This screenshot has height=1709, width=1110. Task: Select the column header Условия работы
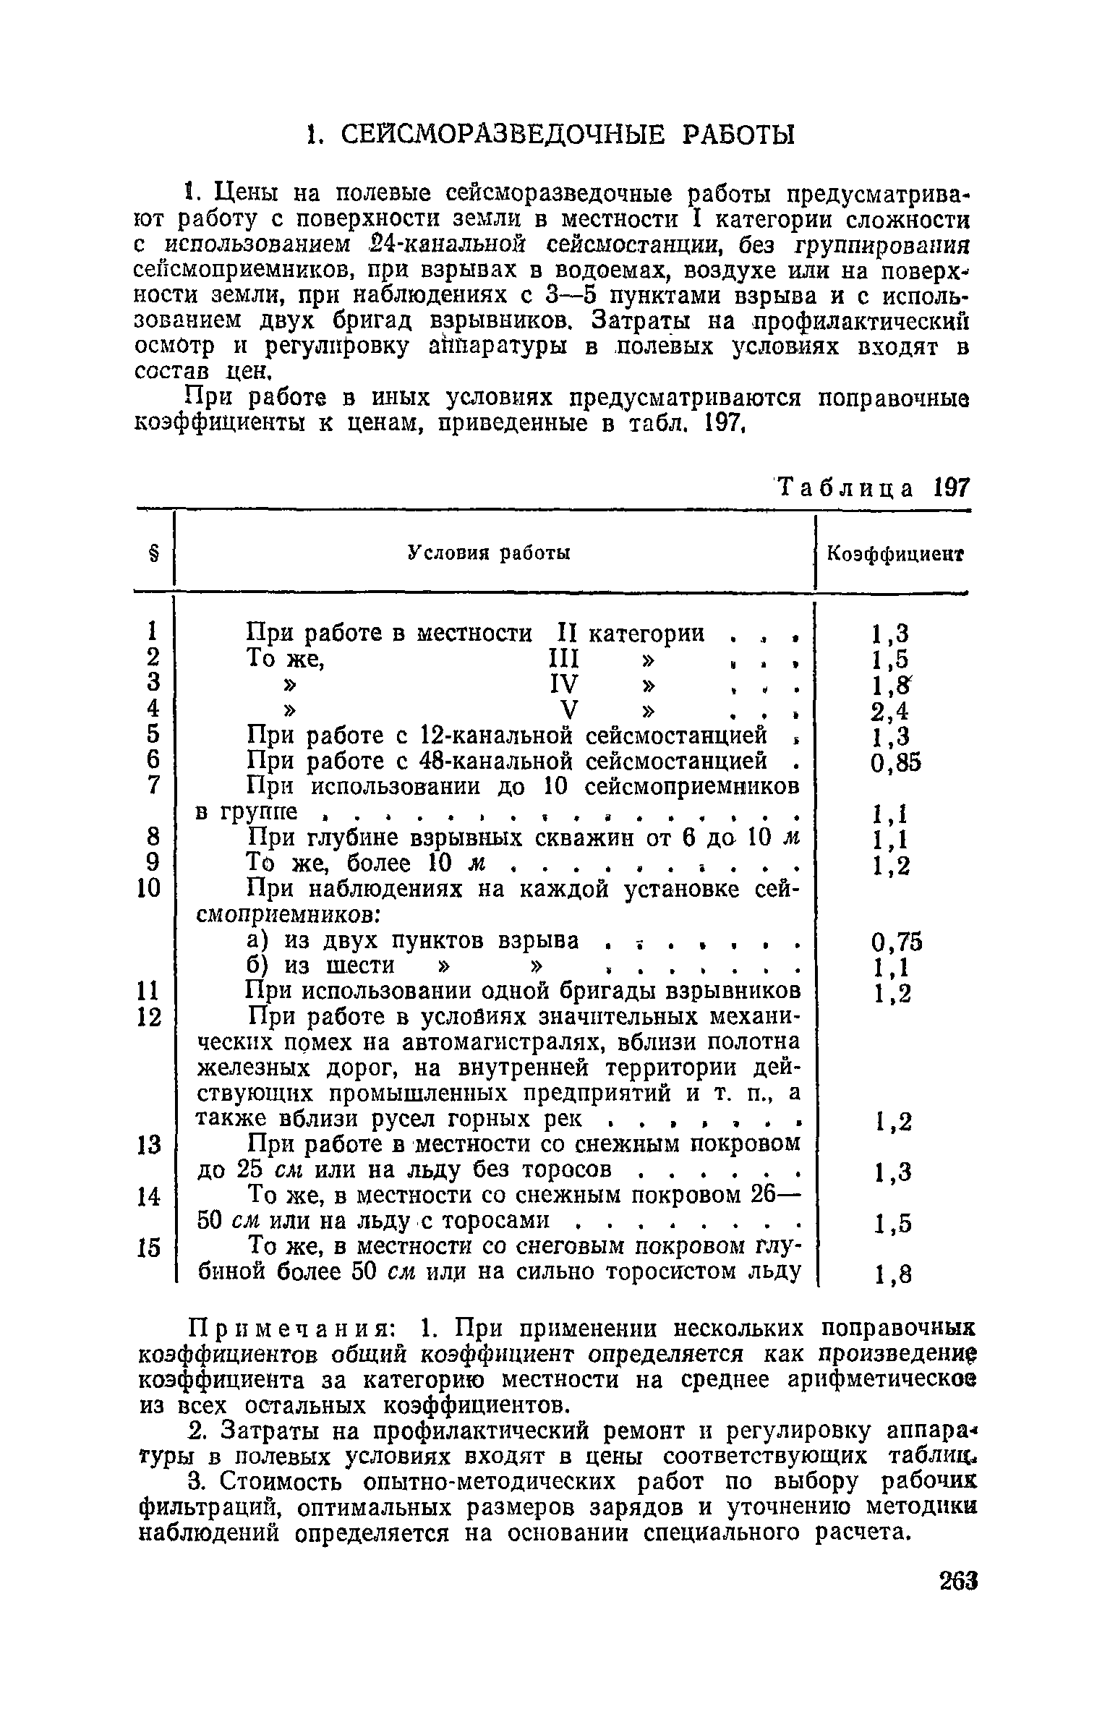tap(489, 553)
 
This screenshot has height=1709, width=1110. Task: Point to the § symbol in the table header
tap(153, 554)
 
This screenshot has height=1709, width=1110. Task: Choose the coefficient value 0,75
tap(897, 942)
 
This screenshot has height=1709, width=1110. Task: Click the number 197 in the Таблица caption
tap(949, 487)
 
